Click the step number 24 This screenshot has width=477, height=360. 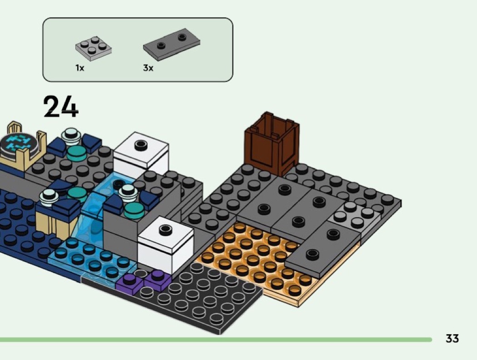coord(61,107)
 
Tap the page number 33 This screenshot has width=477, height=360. coord(452,339)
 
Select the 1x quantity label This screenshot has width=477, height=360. coord(80,68)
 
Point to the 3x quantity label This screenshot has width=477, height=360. coord(148,68)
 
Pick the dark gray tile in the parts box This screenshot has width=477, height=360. coord(172,43)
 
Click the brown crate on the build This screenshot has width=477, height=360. coord(272,144)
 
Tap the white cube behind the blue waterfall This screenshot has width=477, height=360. coord(141,154)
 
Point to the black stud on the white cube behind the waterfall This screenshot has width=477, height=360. coord(141,145)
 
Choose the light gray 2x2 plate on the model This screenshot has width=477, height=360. coord(356,218)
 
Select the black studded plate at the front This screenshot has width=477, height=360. coord(204,295)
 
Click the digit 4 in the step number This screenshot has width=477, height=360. coord(70,107)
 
